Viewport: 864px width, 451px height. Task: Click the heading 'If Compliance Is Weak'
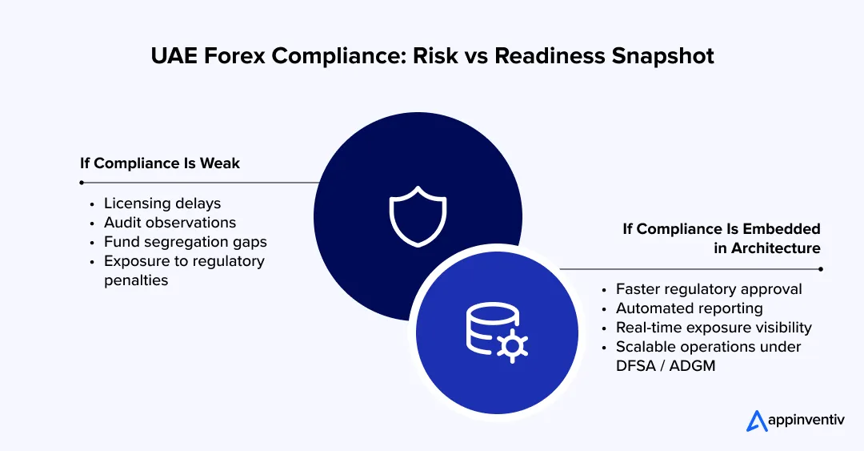click(160, 163)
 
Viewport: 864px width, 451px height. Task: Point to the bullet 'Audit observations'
click(170, 222)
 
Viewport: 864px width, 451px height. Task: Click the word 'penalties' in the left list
click(136, 280)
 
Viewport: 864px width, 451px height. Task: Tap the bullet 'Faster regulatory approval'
click(709, 288)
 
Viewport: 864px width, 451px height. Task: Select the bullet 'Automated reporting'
click(689, 308)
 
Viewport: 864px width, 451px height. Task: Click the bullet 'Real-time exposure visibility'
click(714, 327)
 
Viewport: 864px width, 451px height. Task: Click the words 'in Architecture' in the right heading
click(766, 248)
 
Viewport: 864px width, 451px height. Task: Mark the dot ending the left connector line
click(82, 183)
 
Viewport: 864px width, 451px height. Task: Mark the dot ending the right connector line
click(821, 269)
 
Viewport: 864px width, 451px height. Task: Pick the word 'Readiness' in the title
click(523, 58)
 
